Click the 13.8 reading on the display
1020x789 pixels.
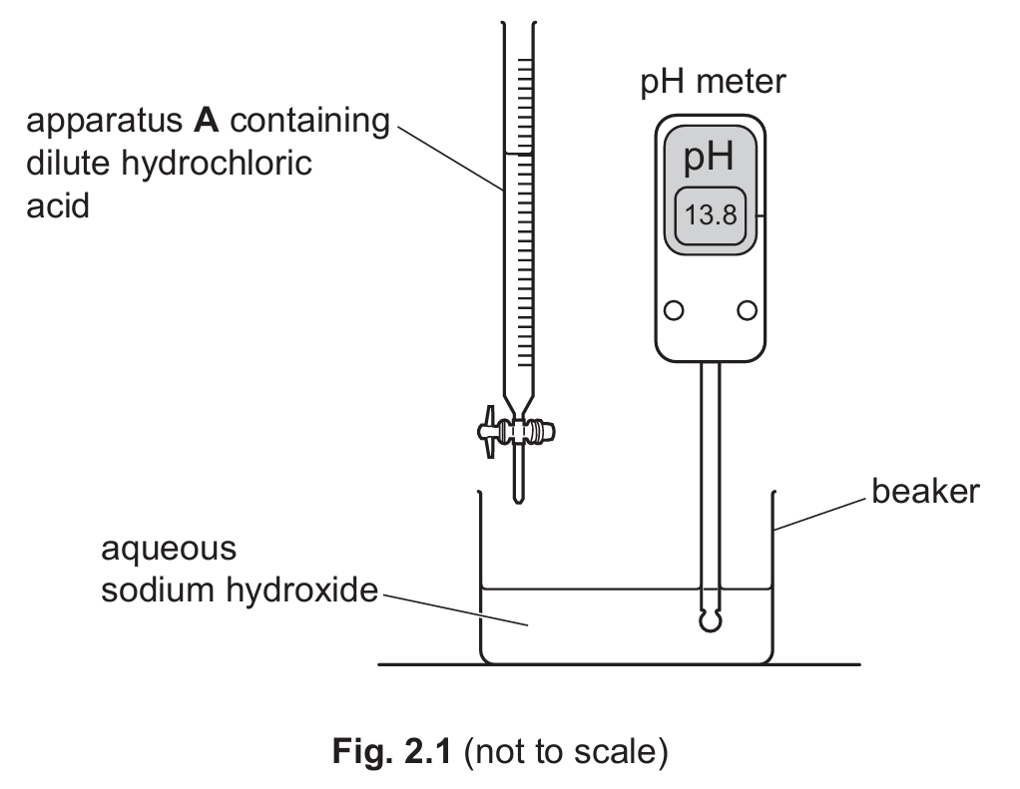711,214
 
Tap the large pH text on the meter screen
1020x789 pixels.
709,157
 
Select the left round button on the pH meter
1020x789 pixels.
674,310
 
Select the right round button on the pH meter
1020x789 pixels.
747,310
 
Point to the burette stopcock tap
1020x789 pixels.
516,431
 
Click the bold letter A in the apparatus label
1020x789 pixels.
206,121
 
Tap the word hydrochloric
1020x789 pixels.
216,164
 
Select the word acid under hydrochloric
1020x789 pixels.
57,206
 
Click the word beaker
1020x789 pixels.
925,492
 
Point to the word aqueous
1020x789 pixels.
169,550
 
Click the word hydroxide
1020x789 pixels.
301,591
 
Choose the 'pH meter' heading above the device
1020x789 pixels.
713,83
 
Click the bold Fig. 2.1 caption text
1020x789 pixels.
391,751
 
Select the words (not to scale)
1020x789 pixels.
566,752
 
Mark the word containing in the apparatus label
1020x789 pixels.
310,121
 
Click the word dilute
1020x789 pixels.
68,164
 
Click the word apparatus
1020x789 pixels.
104,122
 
